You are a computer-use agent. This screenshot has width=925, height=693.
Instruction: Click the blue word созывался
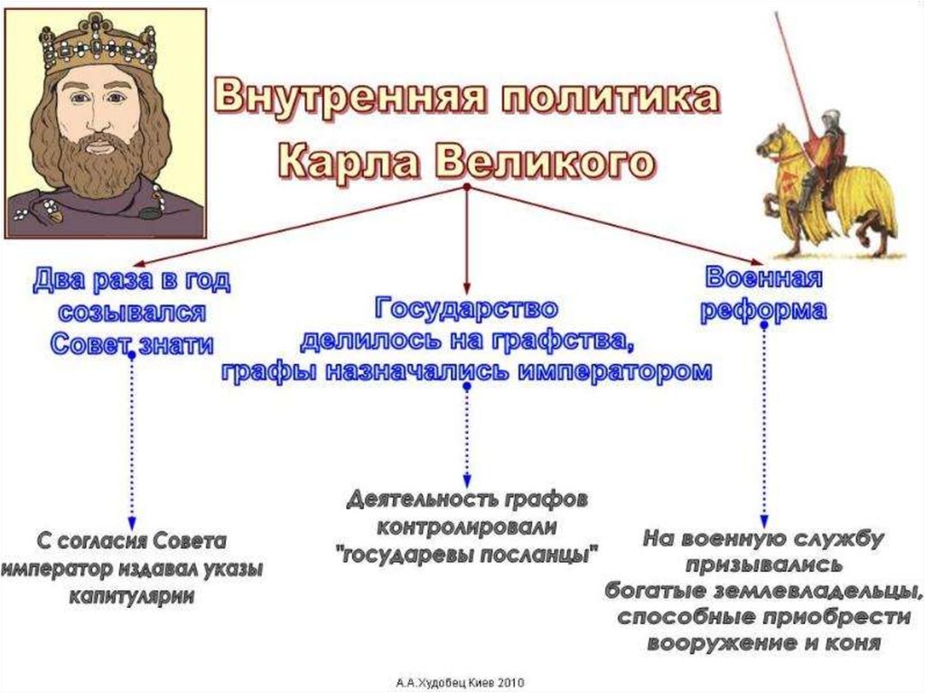pyautogui.click(x=132, y=313)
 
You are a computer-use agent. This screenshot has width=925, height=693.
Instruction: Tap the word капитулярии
pyautogui.click(x=133, y=598)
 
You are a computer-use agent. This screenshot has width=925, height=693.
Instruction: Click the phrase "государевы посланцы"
pyautogui.click(x=468, y=554)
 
